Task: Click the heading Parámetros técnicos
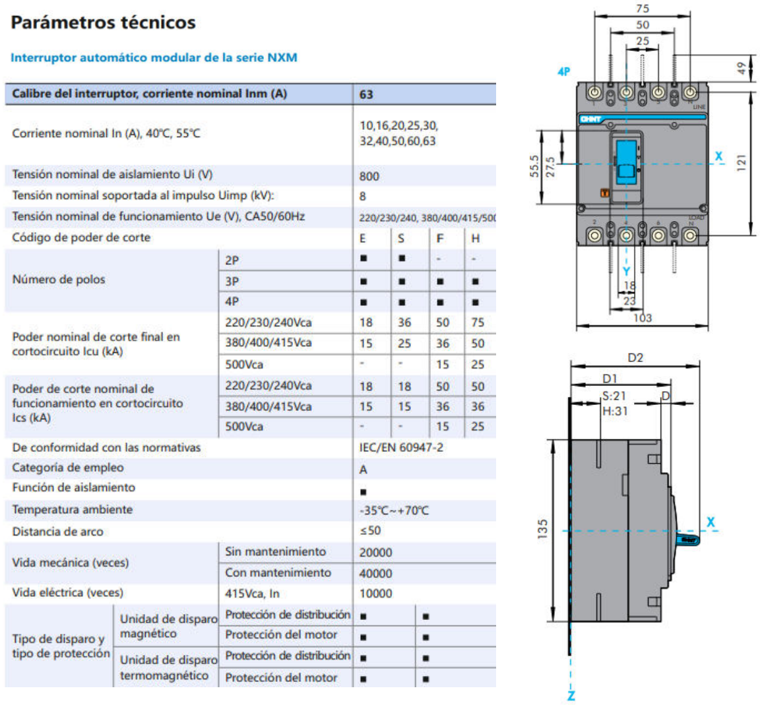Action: [x=103, y=22]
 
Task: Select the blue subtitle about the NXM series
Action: [x=154, y=57]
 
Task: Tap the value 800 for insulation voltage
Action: [x=369, y=176]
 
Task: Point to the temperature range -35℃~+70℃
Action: [x=394, y=510]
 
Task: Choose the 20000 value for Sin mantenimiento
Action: [x=375, y=553]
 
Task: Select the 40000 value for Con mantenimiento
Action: [x=375, y=574]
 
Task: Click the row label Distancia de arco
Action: [x=57, y=532]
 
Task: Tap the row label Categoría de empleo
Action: [x=67, y=468]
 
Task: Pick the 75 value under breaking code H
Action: [x=478, y=323]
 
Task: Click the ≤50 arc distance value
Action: [x=370, y=530]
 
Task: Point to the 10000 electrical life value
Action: [x=375, y=594]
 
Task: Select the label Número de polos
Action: [x=58, y=280]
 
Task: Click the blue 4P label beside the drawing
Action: [x=563, y=71]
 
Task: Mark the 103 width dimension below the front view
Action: [x=642, y=318]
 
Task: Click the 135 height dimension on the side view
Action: [x=542, y=529]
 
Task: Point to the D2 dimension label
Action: [x=635, y=357]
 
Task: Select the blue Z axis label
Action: [x=571, y=695]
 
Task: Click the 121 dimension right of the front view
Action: [x=742, y=163]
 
